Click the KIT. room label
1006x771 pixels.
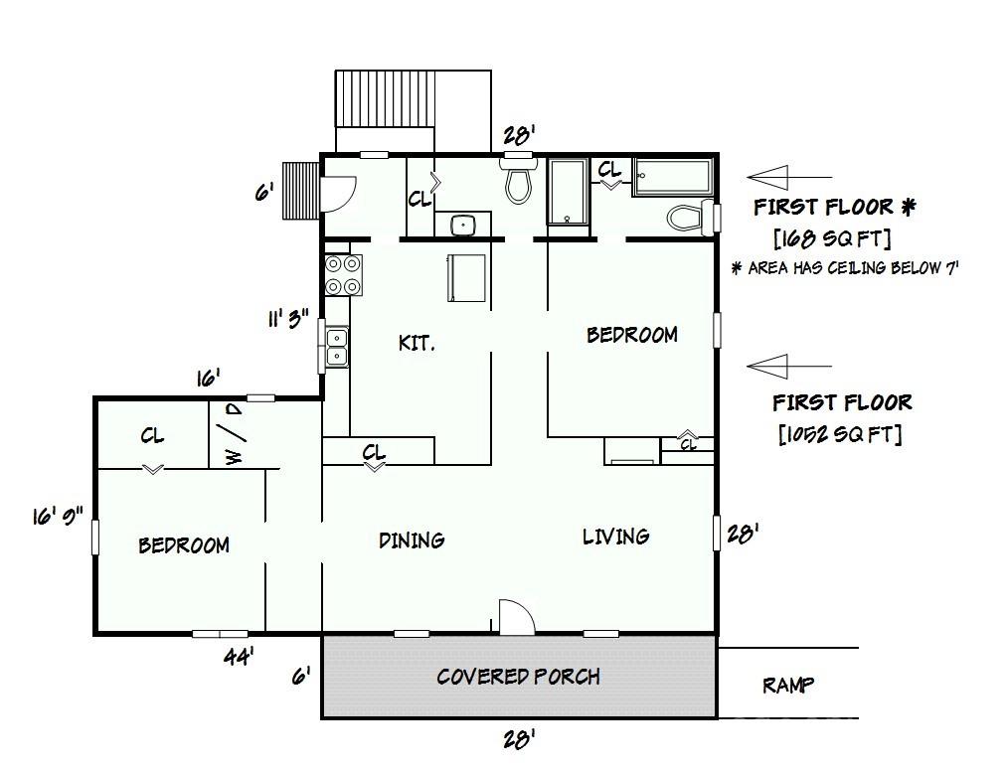coord(418,343)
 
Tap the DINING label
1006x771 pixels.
coord(412,540)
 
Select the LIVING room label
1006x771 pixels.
coord(616,537)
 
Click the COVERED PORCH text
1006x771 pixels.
coord(518,677)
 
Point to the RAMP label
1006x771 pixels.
coord(788,686)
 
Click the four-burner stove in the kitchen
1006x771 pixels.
coord(343,275)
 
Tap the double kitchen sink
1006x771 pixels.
coord(337,347)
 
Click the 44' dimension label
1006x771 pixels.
coord(239,656)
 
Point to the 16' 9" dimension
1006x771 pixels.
coord(58,515)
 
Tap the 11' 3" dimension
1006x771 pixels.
coord(288,318)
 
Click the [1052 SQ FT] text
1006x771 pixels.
coord(840,435)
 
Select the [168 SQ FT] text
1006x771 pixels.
coord(833,238)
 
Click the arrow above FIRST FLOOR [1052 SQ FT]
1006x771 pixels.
coord(789,367)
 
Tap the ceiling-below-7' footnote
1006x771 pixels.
coord(846,268)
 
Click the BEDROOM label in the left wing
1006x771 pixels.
coord(184,545)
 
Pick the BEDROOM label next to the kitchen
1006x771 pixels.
coord(632,335)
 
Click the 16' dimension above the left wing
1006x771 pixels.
coord(209,379)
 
